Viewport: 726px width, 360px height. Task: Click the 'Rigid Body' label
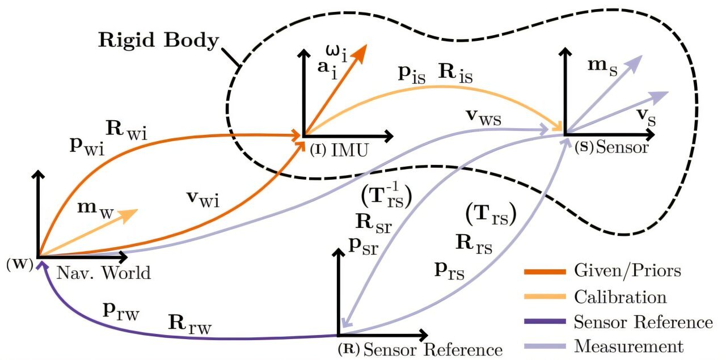click(x=158, y=40)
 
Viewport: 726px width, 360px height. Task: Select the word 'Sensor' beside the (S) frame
click(x=622, y=147)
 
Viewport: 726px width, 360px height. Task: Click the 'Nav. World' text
click(x=104, y=273)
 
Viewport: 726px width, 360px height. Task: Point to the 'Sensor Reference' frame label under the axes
click(x=433, y=350)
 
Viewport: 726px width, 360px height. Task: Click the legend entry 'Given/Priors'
click(x=627, y=271)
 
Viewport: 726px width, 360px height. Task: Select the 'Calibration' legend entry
click(x=621, y=297)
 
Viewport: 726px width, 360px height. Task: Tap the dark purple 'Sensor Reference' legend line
click(x=545, y=322)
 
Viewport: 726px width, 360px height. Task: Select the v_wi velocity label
click(x=203, y=198)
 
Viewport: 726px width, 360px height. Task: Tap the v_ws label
click(x=484, y=117)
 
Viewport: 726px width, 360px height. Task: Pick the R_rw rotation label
click(x=190, y=324)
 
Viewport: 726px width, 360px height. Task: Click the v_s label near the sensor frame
click(x=646, y=117)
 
